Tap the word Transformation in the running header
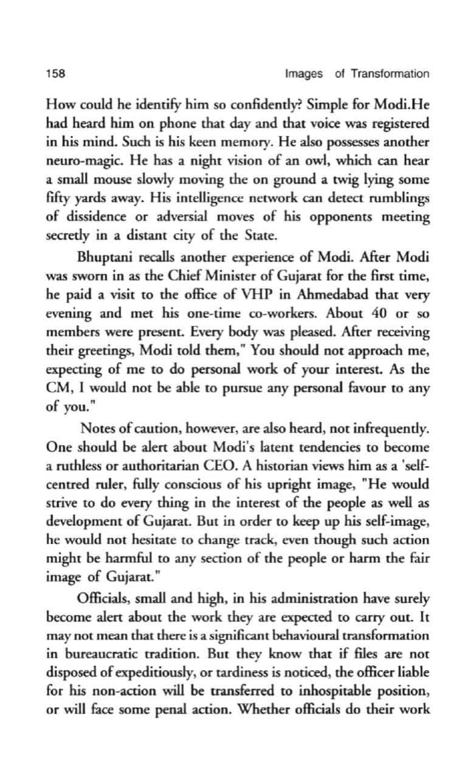(x=390, y=74)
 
